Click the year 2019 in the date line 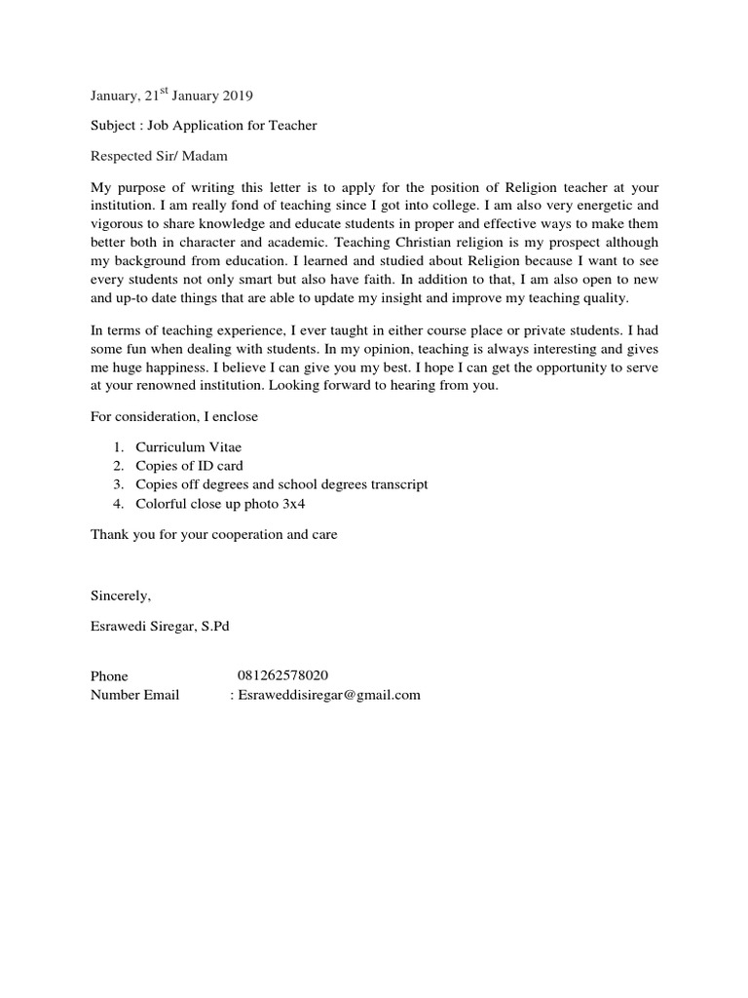pos(236,96)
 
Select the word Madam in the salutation pos(210,156)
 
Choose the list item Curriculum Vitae pos(187,447)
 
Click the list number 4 pos(117,504)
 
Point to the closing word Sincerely pos(121,595)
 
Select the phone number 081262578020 pos(282,676)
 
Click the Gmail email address pos(329,695)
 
